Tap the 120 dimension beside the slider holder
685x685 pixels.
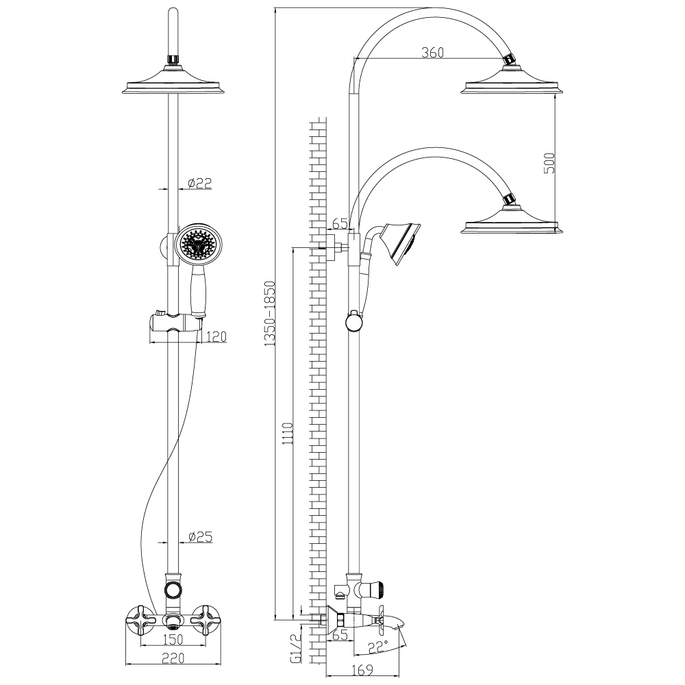pos(214,336)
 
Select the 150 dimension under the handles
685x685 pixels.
pos(175,640)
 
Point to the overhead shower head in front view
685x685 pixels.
pos(174,85)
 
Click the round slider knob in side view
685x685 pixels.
pos(354,321)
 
